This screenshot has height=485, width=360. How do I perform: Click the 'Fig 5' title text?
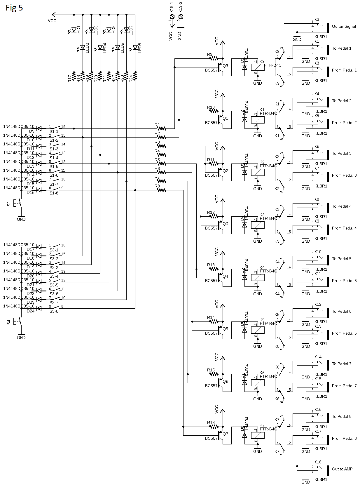pos(14,8)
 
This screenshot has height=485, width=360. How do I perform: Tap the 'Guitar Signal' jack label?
pos(344,26)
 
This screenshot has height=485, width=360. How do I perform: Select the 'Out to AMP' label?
pos(342,469)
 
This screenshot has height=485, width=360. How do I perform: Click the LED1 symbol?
pos(74,30)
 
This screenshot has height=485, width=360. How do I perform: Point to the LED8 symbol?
pos(135,47)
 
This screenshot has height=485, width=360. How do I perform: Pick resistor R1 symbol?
pos(161,128)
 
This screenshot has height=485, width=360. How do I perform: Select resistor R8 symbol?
pos(161,190)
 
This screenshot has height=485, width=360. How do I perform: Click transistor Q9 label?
pos(225,66)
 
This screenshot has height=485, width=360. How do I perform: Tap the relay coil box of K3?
pos(258,225)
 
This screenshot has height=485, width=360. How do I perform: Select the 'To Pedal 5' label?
pos(341,259)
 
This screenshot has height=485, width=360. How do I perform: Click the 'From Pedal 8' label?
pos(344,438)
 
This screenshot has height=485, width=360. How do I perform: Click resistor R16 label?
pos(211,423)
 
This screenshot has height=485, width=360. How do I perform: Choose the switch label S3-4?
pos(54,276)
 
